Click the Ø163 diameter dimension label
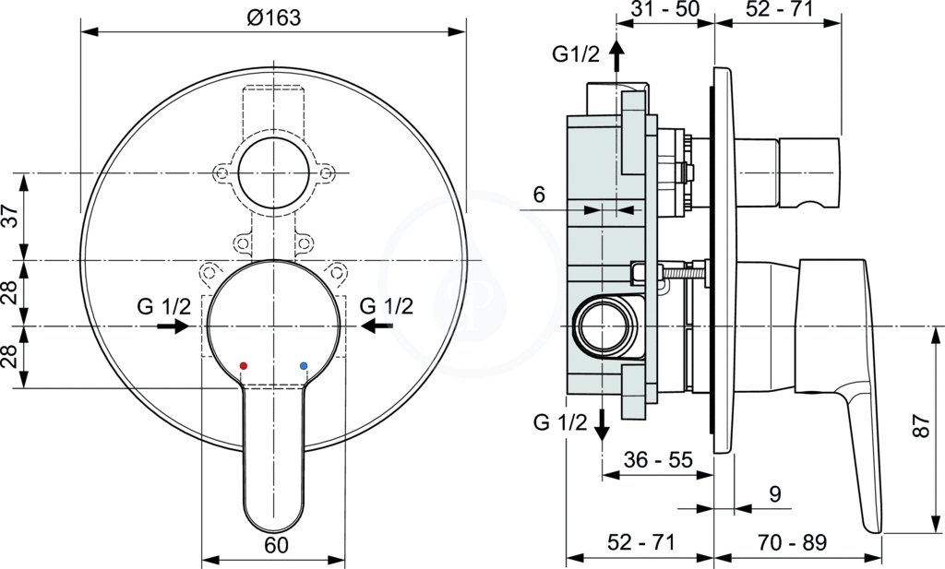point(273,18)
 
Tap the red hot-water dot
point(244,365)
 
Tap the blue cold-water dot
point(303,365)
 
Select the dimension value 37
point(11,216)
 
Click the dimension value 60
point(277,545)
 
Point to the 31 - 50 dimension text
point(665,8)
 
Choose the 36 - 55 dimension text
point(658,460)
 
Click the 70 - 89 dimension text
point(792,542)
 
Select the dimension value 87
point(922,426)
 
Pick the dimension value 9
point(775,493)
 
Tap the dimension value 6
point(539,195)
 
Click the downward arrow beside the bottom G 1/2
point(602,425)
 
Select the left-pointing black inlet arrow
point(377,326)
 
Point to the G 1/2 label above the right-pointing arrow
point(164,306)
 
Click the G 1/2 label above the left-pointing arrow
point(387,306)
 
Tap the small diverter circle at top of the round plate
point(273,173)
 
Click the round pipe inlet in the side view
point(604,326)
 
